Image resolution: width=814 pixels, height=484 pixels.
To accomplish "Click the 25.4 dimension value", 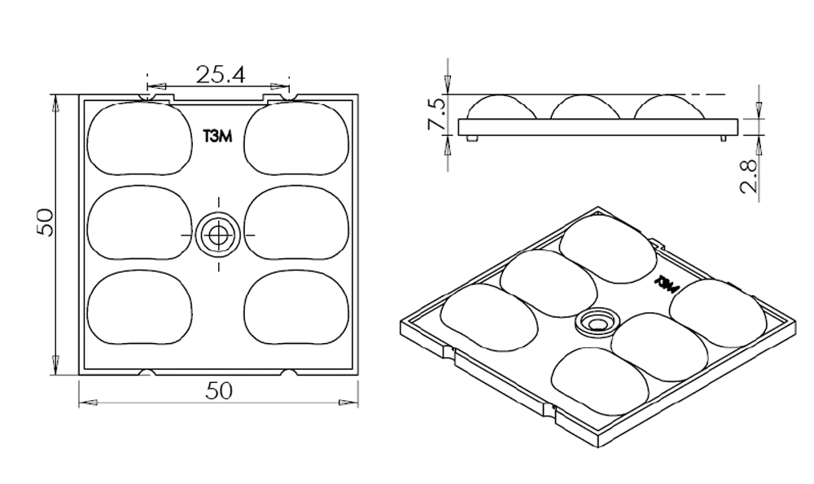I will coord(219,75).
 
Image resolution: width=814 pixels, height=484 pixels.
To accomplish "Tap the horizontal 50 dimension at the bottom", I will coord(218,391).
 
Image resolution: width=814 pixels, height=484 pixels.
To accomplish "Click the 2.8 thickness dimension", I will coord(751,175).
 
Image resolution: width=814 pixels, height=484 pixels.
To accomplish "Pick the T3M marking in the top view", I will coord(217,137).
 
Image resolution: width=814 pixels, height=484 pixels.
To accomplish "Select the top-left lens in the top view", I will coord(139,139).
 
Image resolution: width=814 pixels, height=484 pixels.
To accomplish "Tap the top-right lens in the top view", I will coord(297,139).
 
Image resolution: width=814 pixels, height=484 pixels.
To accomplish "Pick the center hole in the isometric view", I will coord(597,323).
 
